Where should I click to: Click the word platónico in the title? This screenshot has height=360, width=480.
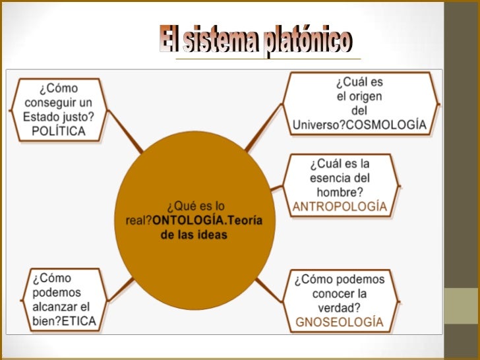[x=307, y=42]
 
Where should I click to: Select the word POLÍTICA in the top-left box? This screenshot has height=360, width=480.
[x=59, y=131]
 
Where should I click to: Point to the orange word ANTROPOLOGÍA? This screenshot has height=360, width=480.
[x=340, y=206]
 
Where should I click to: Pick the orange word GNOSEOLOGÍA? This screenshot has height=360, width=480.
[x=340, y=322]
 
